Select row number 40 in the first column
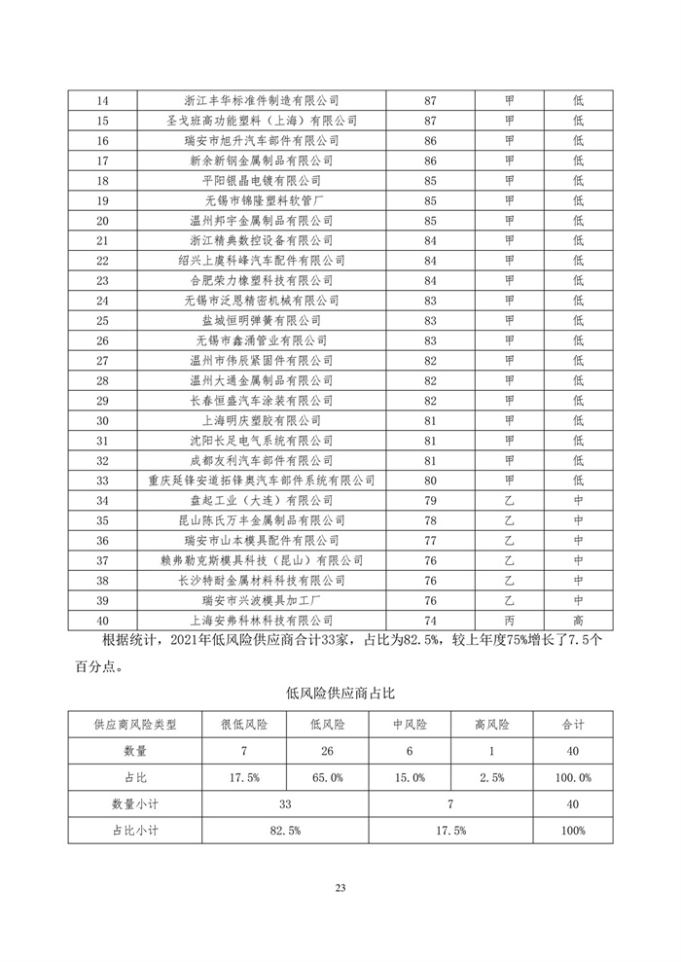tap(103, 620)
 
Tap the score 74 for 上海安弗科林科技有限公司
tap(431, 620)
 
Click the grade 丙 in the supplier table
tap(509, 620)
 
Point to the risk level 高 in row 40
tap(578, 620)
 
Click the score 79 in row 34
tap(431, 500)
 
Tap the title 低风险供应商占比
tap(340, 693)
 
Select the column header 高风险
tap(492, 726)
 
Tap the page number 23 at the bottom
tap(340, 887)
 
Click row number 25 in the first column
tap(103, 320)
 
